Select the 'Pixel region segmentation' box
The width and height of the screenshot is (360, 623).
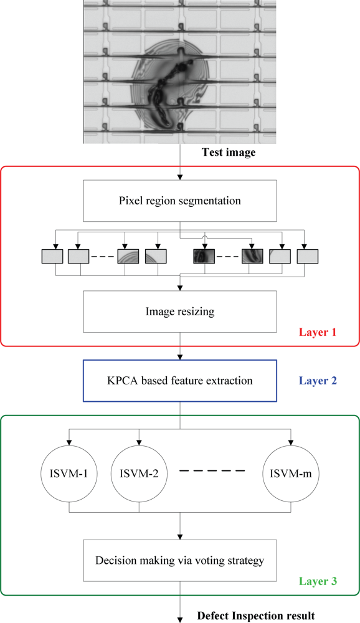click(180, 202)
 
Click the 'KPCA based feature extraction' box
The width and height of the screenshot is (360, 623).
click(180, 379)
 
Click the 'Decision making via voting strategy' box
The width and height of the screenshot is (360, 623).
click(180, 560)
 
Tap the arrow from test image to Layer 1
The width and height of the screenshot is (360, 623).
click(180, 159)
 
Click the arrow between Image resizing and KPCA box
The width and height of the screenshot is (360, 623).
click(180, 352)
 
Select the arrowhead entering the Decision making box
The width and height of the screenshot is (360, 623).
click(180, 536)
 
